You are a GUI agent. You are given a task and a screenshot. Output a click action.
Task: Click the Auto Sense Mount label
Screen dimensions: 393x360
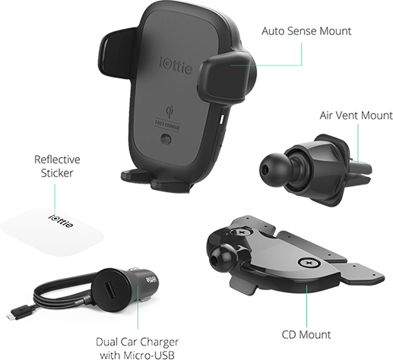(x=306, y=31)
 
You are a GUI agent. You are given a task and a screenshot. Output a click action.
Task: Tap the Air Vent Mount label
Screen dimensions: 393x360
(x=356, y=115)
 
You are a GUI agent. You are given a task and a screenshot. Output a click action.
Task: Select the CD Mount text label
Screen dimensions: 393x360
(x=306, y=335)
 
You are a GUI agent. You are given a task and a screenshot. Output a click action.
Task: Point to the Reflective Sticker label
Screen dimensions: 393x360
(x=57, y=166)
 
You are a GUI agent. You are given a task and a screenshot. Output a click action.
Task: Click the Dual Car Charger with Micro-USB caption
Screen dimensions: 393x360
(x=137, y=349)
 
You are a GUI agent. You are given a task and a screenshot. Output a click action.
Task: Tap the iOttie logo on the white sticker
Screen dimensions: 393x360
(x=61, y=221)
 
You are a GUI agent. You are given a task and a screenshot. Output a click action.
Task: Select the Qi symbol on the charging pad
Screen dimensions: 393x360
(x=170, y=112)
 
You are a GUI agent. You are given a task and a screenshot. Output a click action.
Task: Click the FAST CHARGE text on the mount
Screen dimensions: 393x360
(x=167, y=125)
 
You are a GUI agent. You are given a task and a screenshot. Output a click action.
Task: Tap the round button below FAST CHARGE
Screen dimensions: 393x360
(x=166, y=139)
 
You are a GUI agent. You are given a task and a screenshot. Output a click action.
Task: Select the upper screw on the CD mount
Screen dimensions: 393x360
(x=241, y=232)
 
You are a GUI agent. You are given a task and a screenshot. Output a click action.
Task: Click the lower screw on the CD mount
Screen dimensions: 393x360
(x=309, y=263)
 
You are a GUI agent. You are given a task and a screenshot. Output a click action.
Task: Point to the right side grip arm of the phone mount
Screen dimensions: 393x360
(x=227, y=78)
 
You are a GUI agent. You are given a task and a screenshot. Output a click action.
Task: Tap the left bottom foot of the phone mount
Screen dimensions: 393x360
(x=135, y=176)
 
